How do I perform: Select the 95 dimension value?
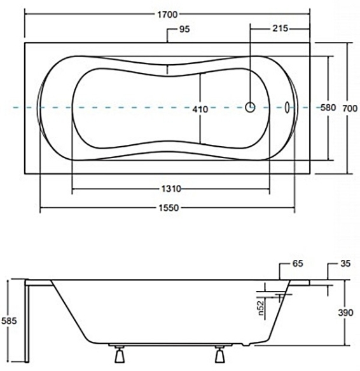[x=186, y=29]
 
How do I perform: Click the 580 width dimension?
[x=328, y=108]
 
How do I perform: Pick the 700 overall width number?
[x=347, y=108]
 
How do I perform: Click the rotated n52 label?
[x=261, y=308]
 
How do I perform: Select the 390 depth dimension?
[x=345, y=313]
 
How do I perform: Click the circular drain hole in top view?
[x=251, y=108]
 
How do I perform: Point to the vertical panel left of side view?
[x=27, y=324]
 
